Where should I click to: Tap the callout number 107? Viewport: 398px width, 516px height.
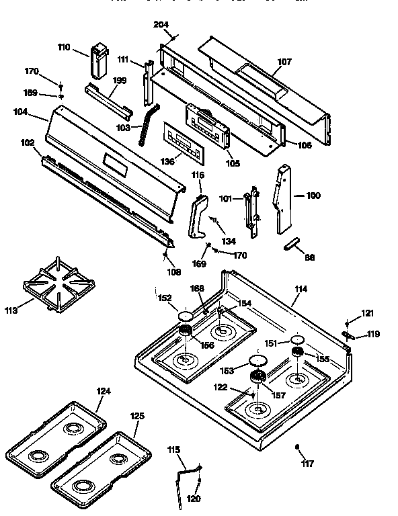tap(284, 62)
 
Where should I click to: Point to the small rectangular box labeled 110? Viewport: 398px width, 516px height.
tap(98, 60)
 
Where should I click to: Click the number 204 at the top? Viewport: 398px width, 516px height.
tap(161, 25)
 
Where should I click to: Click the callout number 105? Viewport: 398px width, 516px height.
tap(232, 162)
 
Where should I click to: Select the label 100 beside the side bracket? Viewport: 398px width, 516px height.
tap(313, 196)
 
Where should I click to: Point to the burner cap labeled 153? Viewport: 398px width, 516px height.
tap(256, 361)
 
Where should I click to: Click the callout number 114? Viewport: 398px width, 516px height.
tap(301, 289)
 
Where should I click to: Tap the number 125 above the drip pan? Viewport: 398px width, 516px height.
tap(136, 417)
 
